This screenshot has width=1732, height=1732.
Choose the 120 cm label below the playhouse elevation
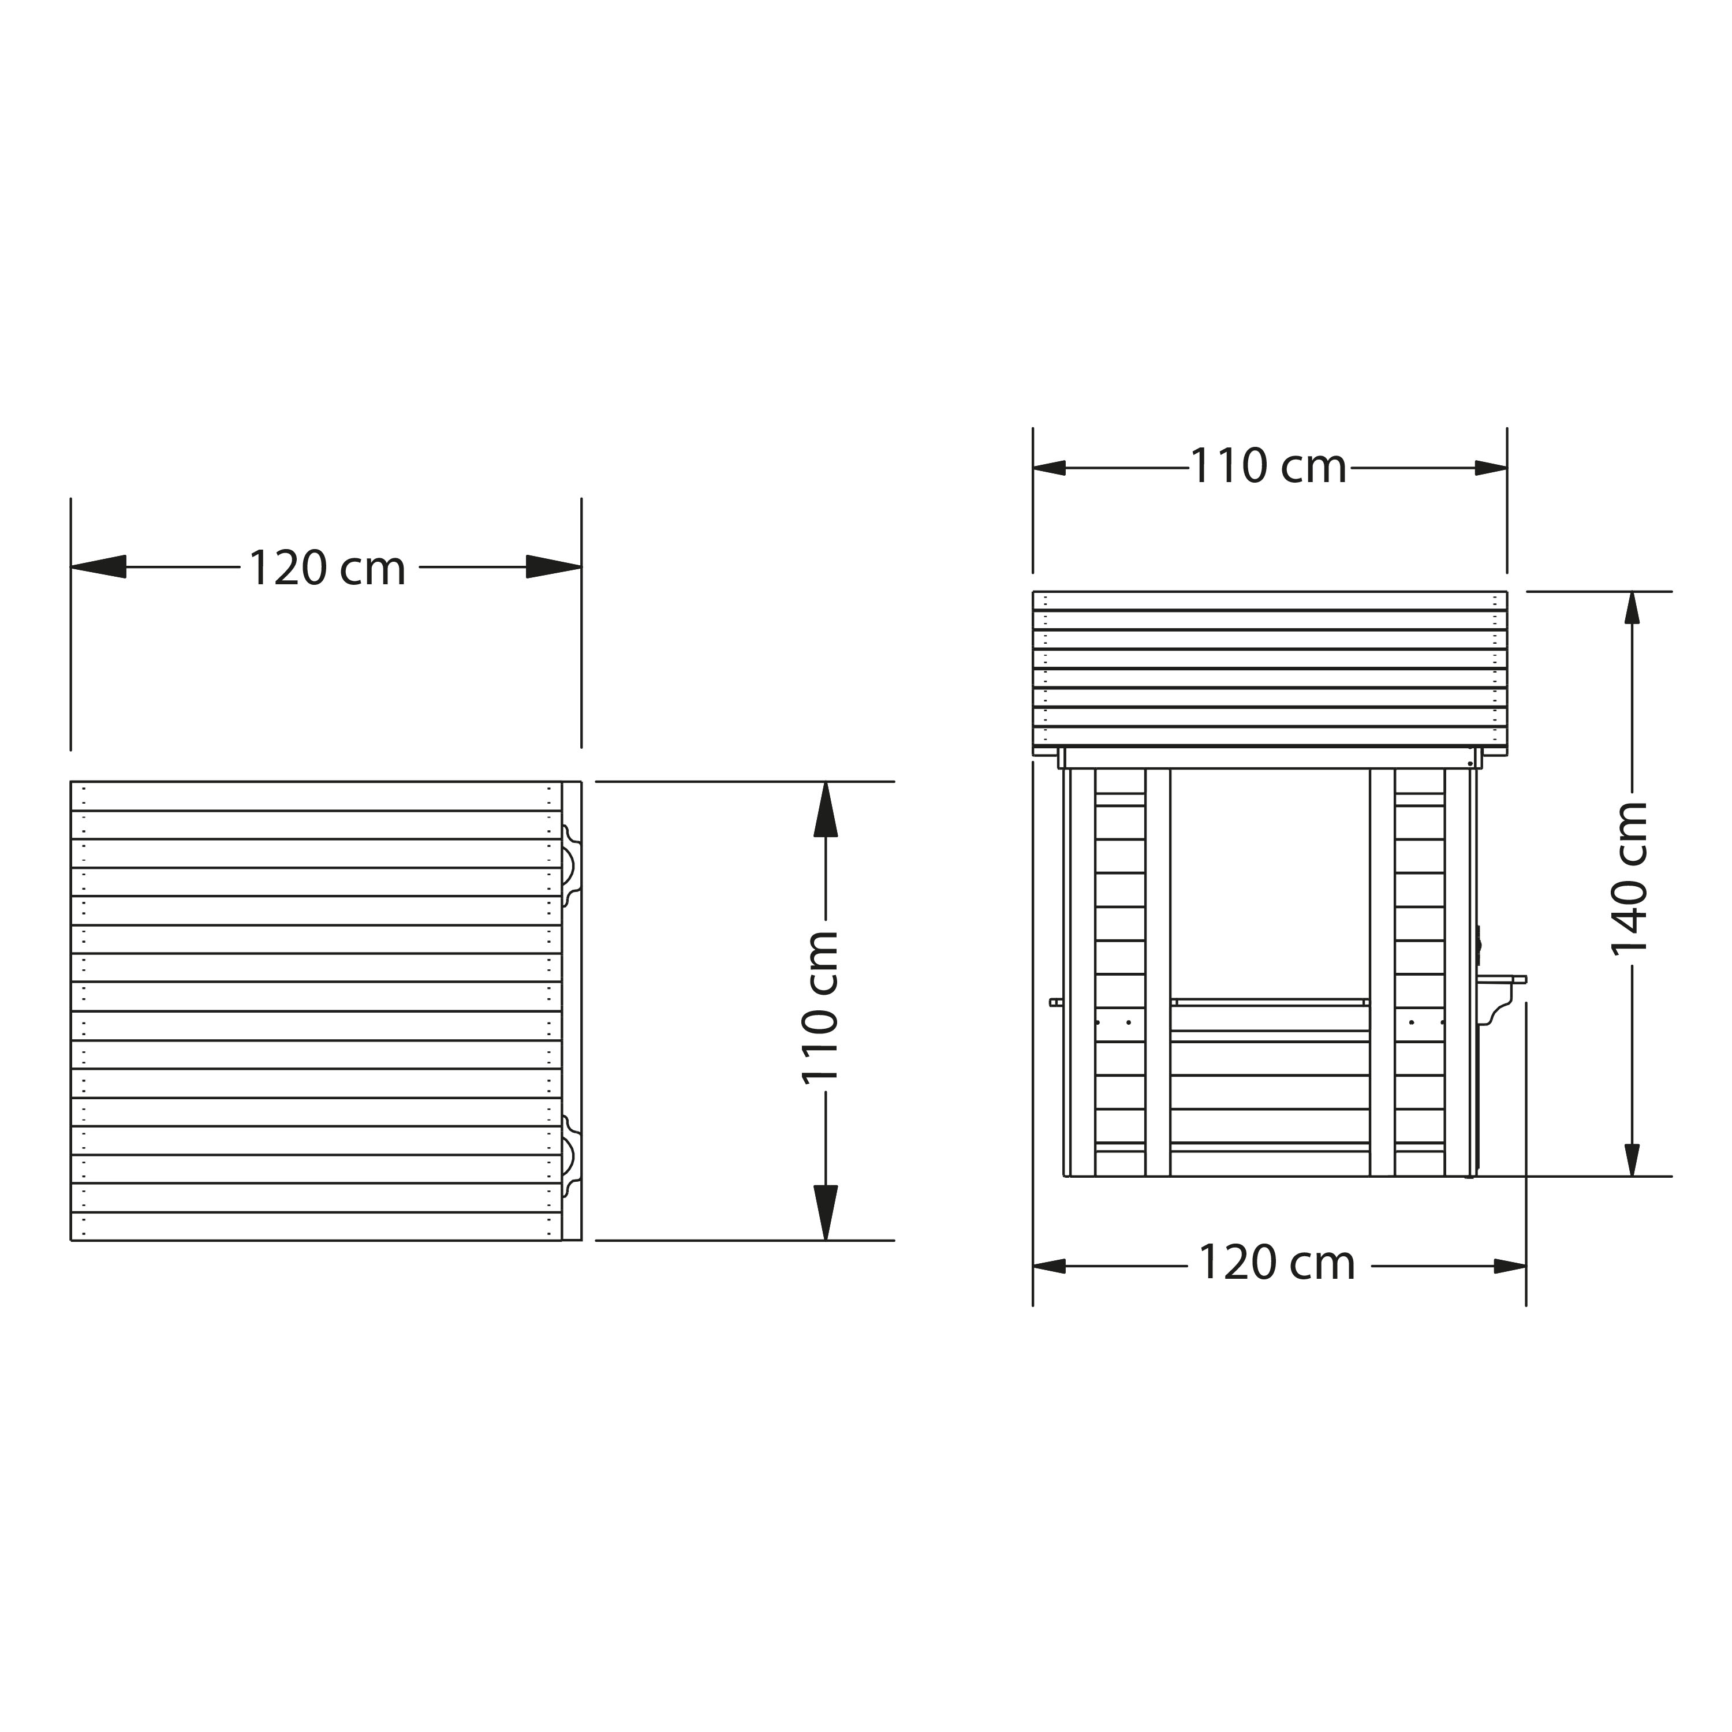pos(1276,1264)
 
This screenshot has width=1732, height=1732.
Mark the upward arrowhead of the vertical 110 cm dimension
pos(826,809)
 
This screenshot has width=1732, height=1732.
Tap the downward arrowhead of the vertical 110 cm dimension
pos(826,1213)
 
